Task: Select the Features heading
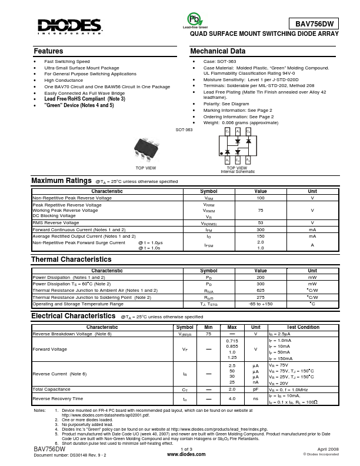(49, 51)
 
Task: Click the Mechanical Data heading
(218, 51)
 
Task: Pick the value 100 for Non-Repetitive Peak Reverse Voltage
(261, 198)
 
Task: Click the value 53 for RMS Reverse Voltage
(261, 223)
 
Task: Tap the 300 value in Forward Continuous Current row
(261, 229)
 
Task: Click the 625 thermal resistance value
(261, 290)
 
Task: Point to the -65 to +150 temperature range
(261, 304)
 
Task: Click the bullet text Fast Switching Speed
(67, 61)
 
